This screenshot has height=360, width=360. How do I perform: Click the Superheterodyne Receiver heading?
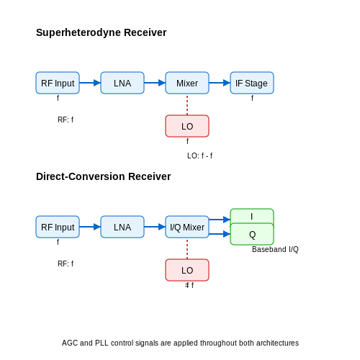click(101, 32)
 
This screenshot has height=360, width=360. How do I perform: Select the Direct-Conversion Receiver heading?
click(103, 176)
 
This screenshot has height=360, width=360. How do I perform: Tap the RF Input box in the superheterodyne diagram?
click(58, 83)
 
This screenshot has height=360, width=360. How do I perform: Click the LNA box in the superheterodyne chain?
click(122, 83)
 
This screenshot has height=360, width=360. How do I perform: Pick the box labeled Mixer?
click(187, 83)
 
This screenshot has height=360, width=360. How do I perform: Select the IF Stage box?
click(252, 83)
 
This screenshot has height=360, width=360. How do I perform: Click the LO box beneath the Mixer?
click(187, 126)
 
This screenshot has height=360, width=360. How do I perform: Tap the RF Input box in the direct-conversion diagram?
click(58, 227)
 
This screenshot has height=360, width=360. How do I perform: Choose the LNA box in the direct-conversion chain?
click(122, 227)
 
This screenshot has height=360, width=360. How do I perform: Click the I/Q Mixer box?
click(187, 227)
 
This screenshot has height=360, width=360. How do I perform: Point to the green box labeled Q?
click(252, 234)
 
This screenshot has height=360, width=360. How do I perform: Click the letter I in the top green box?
click(251, 217)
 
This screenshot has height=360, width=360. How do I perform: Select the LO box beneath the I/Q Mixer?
click(187, 270)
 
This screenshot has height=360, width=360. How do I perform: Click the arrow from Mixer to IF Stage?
click(220, 83)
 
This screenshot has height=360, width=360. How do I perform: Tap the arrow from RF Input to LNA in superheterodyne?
click(90, 83)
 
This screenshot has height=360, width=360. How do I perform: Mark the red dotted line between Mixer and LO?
click(187, 104)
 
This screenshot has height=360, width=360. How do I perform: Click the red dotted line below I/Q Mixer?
click(187, 248)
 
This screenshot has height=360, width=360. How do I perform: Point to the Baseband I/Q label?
click(275, 250)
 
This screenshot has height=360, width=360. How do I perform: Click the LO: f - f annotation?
click(199, 156)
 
